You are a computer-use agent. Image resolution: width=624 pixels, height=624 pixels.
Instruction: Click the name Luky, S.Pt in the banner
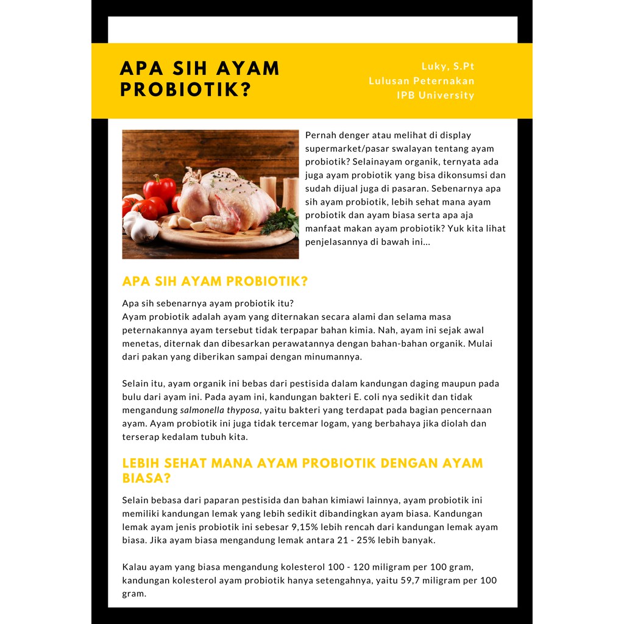tap(448, 66)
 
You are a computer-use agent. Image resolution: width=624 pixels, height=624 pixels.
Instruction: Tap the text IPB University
tap(435, 95)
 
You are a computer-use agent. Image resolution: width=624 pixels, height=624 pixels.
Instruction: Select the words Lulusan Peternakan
tap(422, 81)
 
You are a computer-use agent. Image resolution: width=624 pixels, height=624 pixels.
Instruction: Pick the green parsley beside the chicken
tap(282, 221)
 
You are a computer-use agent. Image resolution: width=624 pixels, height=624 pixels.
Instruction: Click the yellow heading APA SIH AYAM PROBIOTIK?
tap(215, 282)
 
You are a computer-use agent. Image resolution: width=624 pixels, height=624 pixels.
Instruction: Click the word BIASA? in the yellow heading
tap(147, 478)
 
